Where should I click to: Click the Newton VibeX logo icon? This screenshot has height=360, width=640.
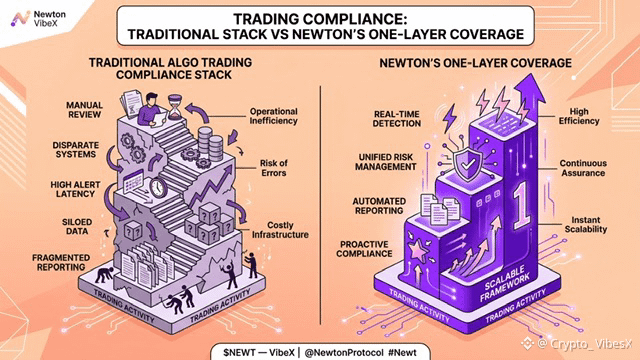pos(20,18)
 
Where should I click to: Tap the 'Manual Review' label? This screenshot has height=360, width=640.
pos(84,110)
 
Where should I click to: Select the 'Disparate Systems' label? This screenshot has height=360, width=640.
pos(76,149)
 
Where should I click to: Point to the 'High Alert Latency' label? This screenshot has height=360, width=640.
pos(75,189)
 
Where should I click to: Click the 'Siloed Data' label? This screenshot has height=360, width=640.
pos(77,227)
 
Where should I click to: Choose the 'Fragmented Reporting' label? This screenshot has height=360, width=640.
pos(61,262)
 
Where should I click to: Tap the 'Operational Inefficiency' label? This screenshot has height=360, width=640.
pos(273,116)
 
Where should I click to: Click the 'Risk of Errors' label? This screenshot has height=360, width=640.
pos(274,168)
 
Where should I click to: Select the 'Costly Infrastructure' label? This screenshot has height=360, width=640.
pos(280,230)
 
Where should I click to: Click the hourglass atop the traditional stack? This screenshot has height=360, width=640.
pos(176,107)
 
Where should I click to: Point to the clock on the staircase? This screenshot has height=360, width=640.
pos(158,188)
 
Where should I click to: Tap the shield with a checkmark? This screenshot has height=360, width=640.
pos(468,164)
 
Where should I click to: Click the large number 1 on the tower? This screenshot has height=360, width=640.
pos(521,205)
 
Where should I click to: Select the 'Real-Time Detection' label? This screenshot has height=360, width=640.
pos(397,119)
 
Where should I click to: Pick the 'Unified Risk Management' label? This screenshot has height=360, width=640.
pos(386,162)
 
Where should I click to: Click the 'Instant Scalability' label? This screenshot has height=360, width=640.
pos(586,224)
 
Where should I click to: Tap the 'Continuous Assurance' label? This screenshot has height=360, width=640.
pos(583,168)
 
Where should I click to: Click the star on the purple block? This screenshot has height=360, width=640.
pos(418,250)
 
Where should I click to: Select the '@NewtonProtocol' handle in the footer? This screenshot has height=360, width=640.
pos(344,353)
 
